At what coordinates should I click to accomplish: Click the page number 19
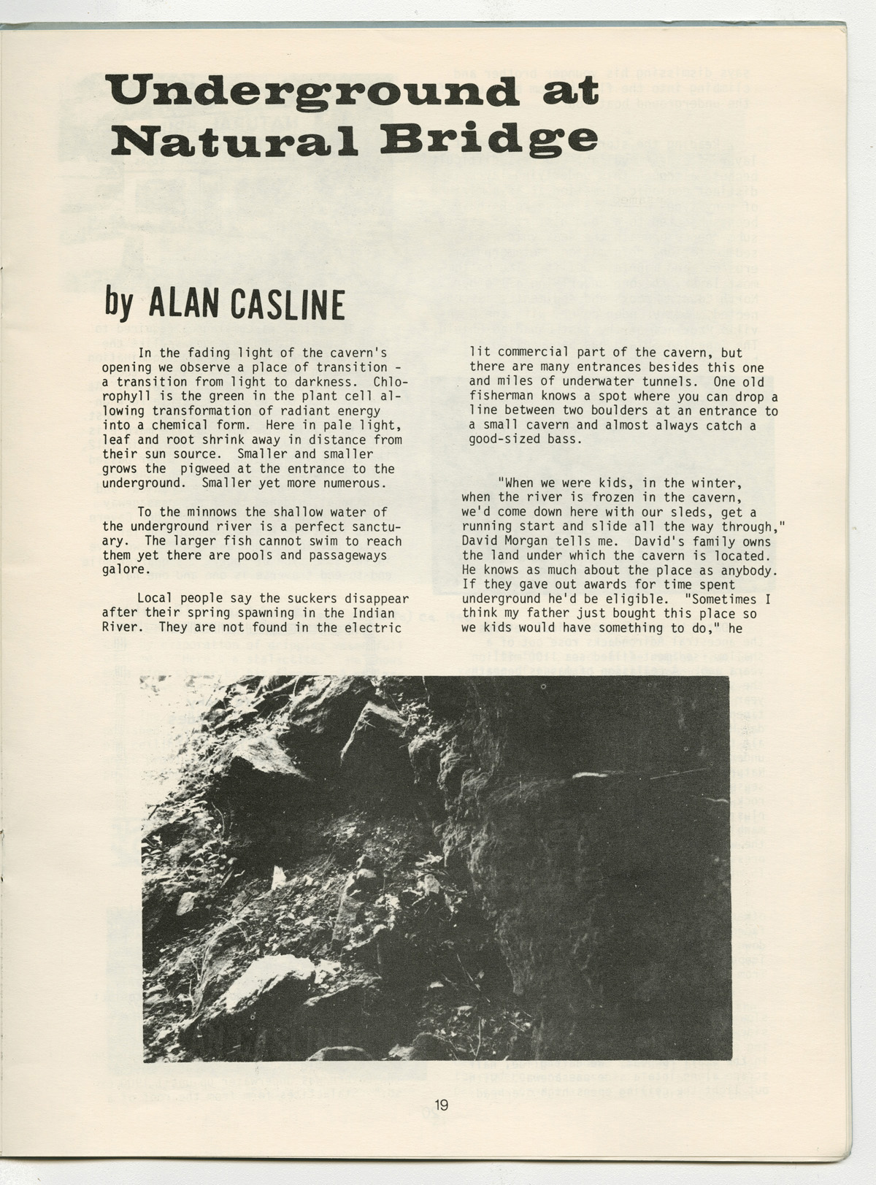(x=440, y=1105)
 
